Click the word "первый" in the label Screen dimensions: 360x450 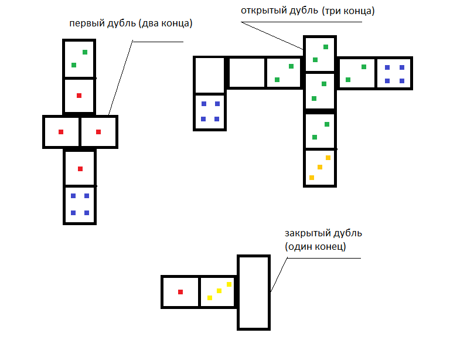(x=84, y=24)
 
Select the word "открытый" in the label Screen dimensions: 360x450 (x=261, y=11)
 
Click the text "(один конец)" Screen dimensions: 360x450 (x=315, y=247)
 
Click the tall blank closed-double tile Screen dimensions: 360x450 (x=254, y=291)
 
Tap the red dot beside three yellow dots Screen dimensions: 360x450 (x=180, y=291)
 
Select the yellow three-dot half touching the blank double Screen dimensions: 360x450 (x=217, y=291)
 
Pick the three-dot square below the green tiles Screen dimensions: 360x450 (x=319, y=168)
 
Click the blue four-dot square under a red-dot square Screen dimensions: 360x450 (x=80, y=205)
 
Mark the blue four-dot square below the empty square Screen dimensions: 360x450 (x=210, y=111)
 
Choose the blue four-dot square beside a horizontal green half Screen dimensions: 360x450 (x=394, y=73)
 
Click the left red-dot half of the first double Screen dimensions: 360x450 (x=61, y=132)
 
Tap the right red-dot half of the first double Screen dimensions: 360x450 (x=98, y=132)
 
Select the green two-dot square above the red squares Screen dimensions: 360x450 (x=79, y=59)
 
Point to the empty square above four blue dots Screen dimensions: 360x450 (x=210, y=74)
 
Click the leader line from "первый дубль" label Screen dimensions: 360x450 (x=121, y=79)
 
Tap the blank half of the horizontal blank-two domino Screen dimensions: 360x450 (x=247, y=73)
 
